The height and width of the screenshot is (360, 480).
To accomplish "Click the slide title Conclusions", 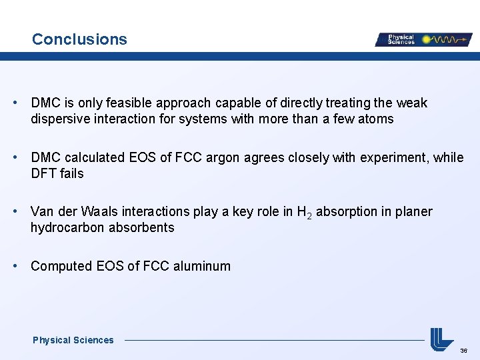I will pos(79,39).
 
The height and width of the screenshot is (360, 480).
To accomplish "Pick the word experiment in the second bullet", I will pos(393,158).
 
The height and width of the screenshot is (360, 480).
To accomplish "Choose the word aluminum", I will pos(201,266).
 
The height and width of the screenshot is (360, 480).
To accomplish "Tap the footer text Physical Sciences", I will pos(73,340).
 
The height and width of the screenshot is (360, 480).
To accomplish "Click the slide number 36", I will pos(463,350).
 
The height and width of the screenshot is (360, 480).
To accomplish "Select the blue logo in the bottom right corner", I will pos(441,339).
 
